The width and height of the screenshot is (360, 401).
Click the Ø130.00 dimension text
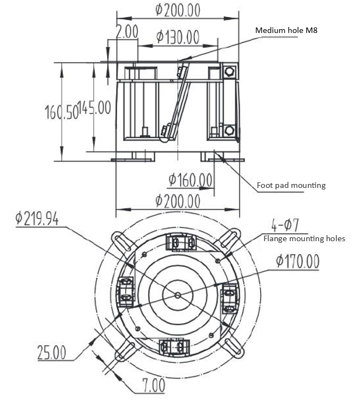pos(177,37)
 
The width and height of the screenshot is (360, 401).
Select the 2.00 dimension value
pos(126,31)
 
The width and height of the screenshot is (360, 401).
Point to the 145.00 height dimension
pos(94,107)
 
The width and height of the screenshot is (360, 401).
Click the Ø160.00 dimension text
pos(190,179)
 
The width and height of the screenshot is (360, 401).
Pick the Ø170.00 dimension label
pos(297,261)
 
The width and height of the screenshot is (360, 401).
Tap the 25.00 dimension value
pos(52,352)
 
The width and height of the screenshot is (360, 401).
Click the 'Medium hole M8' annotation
pos(286,30)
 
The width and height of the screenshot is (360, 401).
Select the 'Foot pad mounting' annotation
pos(291,185)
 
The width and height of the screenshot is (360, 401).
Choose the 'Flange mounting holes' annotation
pos(304,238)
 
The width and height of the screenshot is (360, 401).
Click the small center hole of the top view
pos(178,295)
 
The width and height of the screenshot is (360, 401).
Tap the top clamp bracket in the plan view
pos(180,242)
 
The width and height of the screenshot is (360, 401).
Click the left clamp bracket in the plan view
pos(125,289)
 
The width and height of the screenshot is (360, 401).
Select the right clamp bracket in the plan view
pos(229,297)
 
